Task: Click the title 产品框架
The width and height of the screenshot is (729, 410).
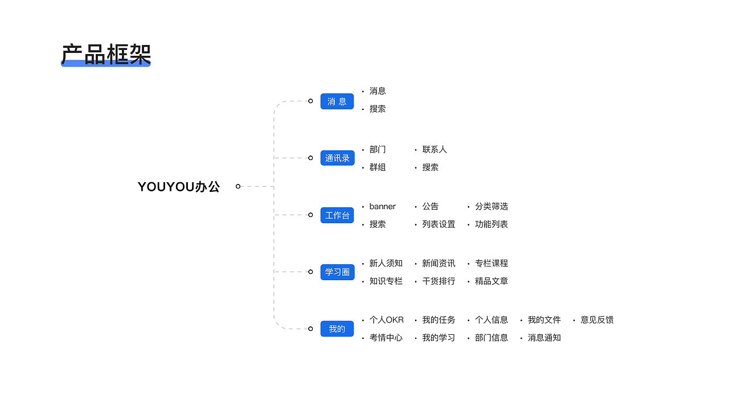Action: [x=105, y=55]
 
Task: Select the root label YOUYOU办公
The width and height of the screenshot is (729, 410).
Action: [x=179, y=187]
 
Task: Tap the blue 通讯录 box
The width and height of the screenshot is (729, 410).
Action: [x=337, y=158]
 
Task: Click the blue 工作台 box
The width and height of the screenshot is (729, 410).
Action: [x=337, y=215]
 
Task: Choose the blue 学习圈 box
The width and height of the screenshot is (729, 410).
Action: [x=337, y=272]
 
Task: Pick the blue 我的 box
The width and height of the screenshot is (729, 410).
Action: [x=337, y=329]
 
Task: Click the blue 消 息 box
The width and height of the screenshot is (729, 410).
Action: [x=337, y=101]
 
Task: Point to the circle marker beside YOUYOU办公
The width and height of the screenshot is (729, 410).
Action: [x=238, y=186]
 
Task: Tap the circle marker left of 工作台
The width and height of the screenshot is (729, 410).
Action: [x=310, y=215]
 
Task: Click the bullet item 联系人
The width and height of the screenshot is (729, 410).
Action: [x=435, y=150]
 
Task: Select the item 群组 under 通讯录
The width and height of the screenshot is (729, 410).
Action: [x=378, y=167]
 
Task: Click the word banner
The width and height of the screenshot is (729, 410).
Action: [x=382, y=207]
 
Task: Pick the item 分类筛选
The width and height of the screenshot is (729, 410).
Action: [x=492, y=207]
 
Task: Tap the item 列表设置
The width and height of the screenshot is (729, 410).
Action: [x=439, y=224]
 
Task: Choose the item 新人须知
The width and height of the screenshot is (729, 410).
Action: [x=386, y=264]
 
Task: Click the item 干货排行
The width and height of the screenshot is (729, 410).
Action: [x=439, y=281]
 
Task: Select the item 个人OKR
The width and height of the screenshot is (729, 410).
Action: [x=386, y=320]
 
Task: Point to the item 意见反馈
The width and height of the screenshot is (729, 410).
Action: [x=597, y=320]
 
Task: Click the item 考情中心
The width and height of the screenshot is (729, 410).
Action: [x=386, y=338]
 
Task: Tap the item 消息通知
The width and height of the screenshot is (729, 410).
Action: [x=544, y=338]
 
